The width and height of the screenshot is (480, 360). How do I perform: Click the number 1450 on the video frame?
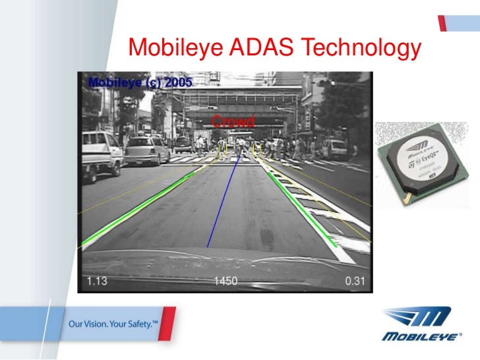[x=225, y=282]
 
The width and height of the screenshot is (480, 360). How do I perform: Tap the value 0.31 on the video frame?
[x=355, y=282]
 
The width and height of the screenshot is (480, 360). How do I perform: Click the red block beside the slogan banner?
[x=167, y=326]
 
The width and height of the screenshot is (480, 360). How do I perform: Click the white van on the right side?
[x=336, y=148]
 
